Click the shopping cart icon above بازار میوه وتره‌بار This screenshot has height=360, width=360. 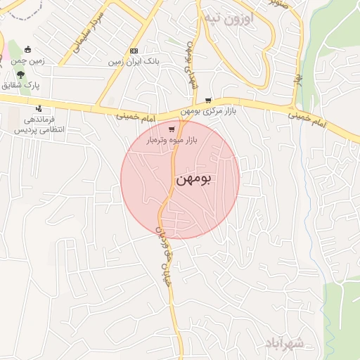(172, 129)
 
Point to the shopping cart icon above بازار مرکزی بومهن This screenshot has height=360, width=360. (208, 101)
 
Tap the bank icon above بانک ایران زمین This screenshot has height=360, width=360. (134, 51)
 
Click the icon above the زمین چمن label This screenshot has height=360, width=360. (28, 49)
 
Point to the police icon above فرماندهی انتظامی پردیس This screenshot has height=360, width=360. (38, 109)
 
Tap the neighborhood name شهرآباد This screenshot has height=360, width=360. (284, 342)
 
